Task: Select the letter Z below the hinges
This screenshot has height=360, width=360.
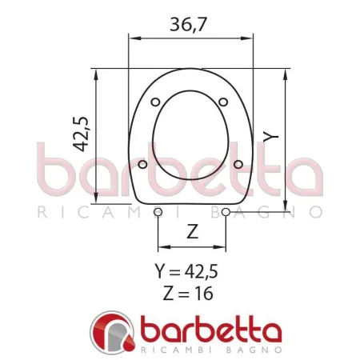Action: [192, 232]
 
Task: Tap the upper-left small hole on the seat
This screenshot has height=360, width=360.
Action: [156, 102]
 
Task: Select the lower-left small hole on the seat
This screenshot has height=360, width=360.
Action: [142, 165]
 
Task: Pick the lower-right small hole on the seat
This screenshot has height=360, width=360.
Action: [238, 165]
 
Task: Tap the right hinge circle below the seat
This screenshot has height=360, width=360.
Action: [226, 211]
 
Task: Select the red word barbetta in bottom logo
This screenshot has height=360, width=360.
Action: [211, 330]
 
